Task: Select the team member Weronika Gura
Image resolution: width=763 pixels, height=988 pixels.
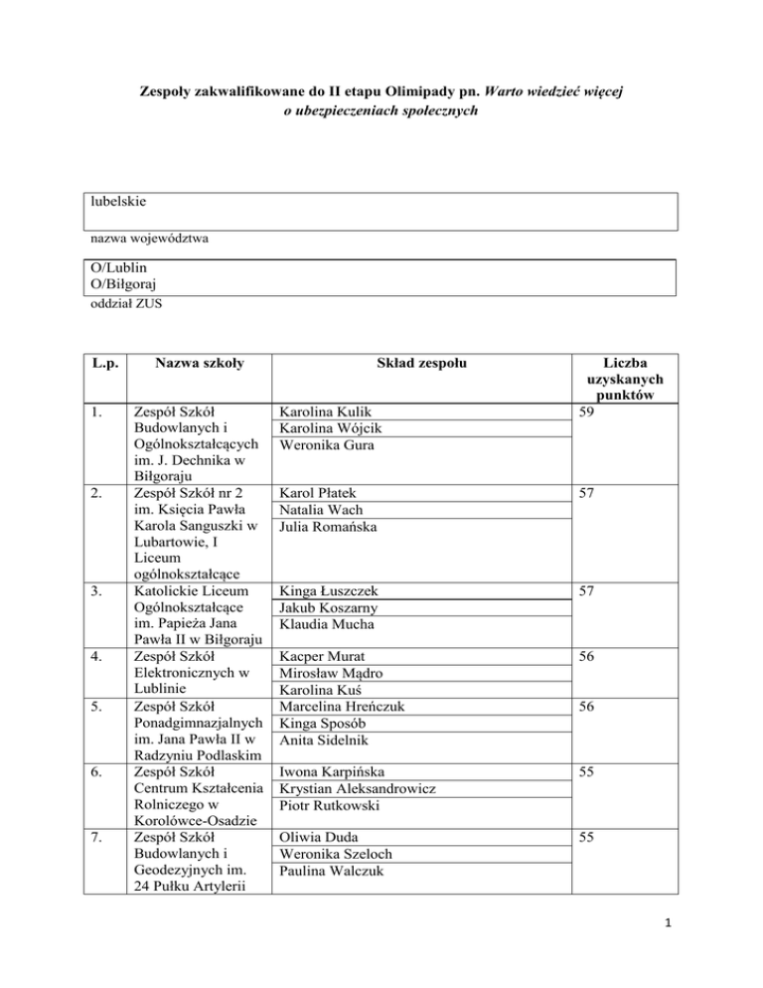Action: pyautogui.click(x=327, y=446)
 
